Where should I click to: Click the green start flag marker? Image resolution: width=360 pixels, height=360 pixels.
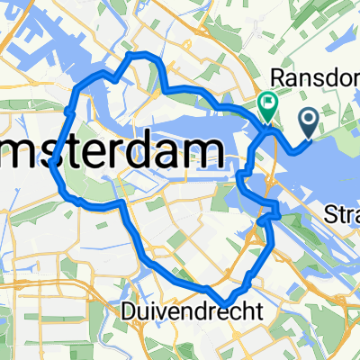click(x=268, y=107)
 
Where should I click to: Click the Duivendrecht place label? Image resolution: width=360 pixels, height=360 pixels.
click(x=192, y=310)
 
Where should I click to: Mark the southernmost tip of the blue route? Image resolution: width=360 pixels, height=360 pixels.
click(x=228, y=303)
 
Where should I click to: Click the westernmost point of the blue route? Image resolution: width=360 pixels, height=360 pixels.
click(x=54, y=165)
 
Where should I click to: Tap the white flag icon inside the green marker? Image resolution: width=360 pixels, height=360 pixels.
click(x=268, y=103)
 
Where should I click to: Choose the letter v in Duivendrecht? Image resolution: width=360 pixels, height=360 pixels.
click(x=162, y=311)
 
